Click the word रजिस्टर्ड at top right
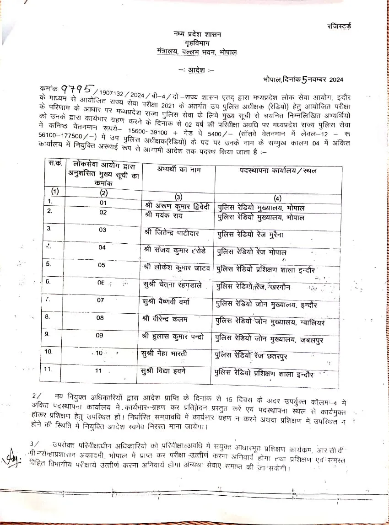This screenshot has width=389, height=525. pos(339,26)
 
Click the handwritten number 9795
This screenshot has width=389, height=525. pos(77,87)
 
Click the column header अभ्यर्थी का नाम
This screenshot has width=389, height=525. pos(178,170)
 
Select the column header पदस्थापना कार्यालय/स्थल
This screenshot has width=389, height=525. pos(278,171)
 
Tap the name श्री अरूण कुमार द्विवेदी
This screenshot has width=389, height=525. pos(177,207)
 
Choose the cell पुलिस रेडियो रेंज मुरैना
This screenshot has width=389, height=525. pos(250,234)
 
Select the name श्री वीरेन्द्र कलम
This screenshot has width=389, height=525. pos(165,319)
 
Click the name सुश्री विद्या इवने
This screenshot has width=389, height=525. pos(163,371)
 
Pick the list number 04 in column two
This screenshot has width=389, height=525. pos(102,247)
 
